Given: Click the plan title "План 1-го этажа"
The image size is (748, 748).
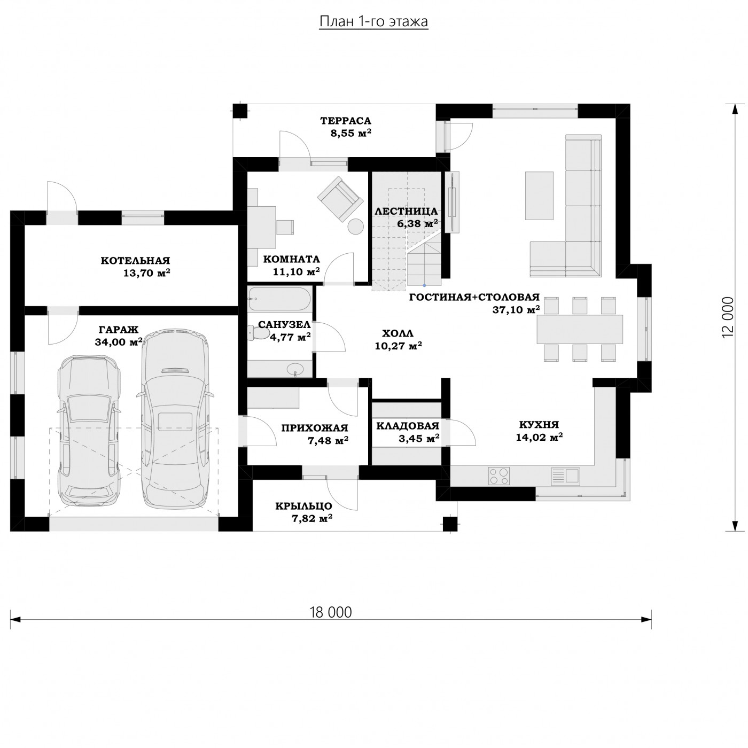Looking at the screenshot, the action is pyautogui.click(x=373, y=22).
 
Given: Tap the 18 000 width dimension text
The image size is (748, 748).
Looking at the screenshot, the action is pyautogui.click(x=331, y=612).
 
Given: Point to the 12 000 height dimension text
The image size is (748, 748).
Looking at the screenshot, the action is pyautogui.click(x=728, y=317).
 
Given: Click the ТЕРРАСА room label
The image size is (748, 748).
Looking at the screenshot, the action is pyautogui.click(x=346, y=121).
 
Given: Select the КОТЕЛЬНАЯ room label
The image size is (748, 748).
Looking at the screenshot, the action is pyautogui.click(x=136, y=260).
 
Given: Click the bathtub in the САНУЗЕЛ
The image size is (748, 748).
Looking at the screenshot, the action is pyautogui.click(x=279, y=299).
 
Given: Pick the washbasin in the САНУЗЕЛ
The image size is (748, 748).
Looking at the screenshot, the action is pyautogui.click(x=295, y=369).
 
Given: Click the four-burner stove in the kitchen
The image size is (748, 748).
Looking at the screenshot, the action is pyautogui.click(x=499, y=476).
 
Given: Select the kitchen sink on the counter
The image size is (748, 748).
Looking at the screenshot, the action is pyautogui.click(x=565, y=476).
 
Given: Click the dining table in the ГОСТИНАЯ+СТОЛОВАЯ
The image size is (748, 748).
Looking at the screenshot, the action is pyautogui.click(x=580, y=329).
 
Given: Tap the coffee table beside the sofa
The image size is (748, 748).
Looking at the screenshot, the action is pyautogui.click(x=539, y=196).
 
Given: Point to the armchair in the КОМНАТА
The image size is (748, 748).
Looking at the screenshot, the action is pyautogui.click(x=340, y=199).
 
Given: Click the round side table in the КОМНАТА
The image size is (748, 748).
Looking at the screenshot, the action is pyautogui.click(x=355, y=227).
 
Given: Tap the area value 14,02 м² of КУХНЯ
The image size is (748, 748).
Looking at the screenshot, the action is pyautogui.click(x=539, y=437).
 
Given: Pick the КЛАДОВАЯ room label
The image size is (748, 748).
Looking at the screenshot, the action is pyautogui.click(x=408, y=426).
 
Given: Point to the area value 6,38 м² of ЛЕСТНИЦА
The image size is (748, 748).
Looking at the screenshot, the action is pyautogui.click(x=417, y=223).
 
